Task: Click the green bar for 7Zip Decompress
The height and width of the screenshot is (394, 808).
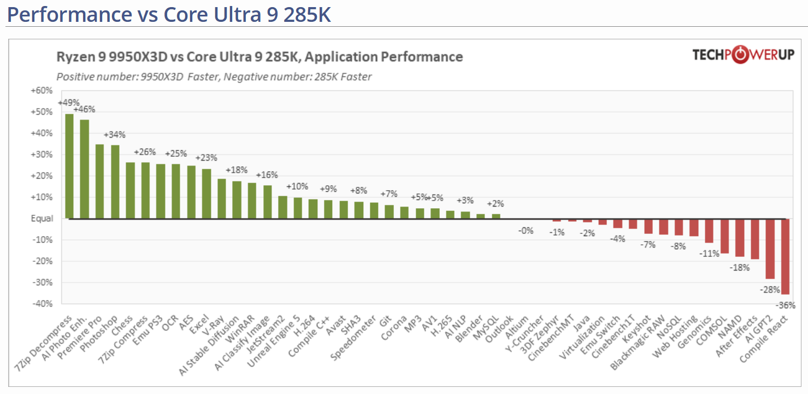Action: coord(69,166)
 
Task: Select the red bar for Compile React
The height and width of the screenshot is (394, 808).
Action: coord(785,256)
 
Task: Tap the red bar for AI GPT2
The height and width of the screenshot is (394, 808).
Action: coord(770,249)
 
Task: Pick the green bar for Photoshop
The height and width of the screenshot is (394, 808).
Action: coord(115,181)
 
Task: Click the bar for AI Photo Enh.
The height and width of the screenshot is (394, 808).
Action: coord(85,169)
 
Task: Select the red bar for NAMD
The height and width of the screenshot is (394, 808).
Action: coord(740,238)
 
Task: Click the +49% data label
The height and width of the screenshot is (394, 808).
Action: coord(69,103)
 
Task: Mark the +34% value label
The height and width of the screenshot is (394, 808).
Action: coord(115,135)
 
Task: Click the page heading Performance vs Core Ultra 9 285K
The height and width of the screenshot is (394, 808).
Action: coord(169,15)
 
